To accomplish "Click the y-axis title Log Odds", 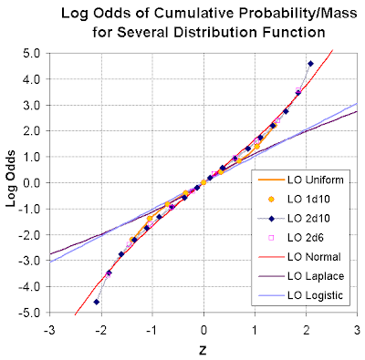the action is point(11,179).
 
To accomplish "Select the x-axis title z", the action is point(203,350).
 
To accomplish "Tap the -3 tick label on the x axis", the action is point(48,330).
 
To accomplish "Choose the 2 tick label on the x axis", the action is point(307,330).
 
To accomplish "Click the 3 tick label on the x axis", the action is point(358,330).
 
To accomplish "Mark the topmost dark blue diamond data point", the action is point(310,64).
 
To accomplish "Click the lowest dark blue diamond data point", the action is point(97,302).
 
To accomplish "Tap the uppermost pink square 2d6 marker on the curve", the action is point(298,90).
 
